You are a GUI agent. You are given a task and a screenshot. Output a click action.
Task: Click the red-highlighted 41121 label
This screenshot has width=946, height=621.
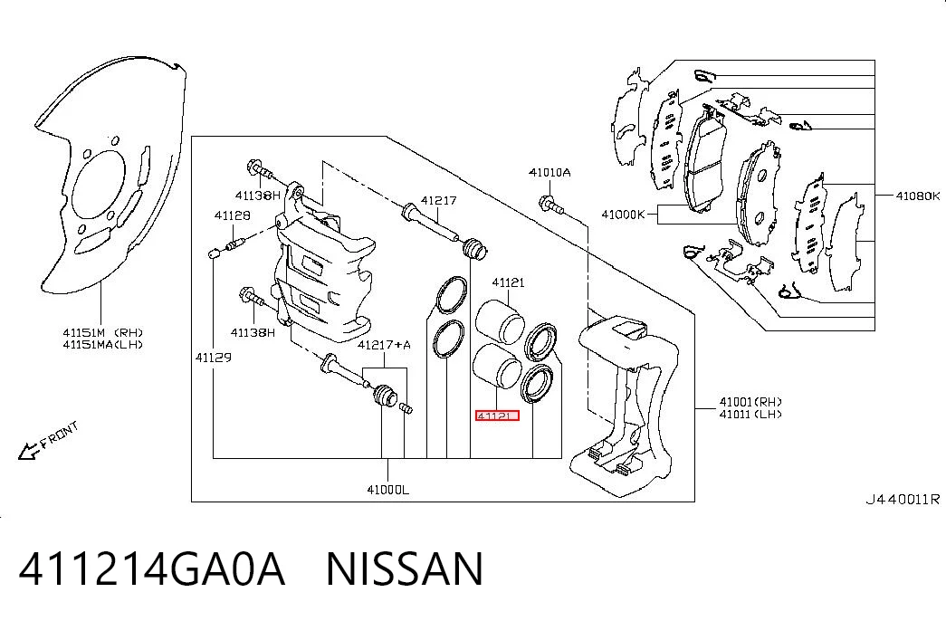tap(497, 416)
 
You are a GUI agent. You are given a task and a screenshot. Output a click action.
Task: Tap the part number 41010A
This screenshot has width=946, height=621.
tap(549, 173)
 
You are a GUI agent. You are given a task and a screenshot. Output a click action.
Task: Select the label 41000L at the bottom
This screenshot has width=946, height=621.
tap(388, 490)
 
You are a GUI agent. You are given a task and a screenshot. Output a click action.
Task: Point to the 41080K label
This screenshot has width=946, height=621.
tap(918, 196)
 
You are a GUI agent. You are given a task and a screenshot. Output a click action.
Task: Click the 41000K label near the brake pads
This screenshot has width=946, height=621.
tap(623, 215)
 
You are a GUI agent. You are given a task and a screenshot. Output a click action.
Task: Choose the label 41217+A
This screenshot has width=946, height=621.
tap(384, 345)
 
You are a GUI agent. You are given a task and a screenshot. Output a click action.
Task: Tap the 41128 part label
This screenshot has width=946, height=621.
tap(233, 215)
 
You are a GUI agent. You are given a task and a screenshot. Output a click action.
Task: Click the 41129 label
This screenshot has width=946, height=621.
tap(213, 358)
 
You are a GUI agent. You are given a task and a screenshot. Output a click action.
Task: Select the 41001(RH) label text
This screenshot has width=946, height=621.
tap(750, 401)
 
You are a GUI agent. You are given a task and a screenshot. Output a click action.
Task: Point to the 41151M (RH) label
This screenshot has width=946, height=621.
tap(103, 332)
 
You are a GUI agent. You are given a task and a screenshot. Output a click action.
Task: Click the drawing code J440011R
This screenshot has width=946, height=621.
tap(903, 499)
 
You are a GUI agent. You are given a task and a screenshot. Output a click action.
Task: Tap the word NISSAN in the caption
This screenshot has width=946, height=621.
tap(405, 568)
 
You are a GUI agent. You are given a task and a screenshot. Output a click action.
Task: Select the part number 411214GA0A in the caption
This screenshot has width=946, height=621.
tap(151, 568)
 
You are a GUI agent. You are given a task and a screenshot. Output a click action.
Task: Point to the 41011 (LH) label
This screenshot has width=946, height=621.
tap(750, 414)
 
